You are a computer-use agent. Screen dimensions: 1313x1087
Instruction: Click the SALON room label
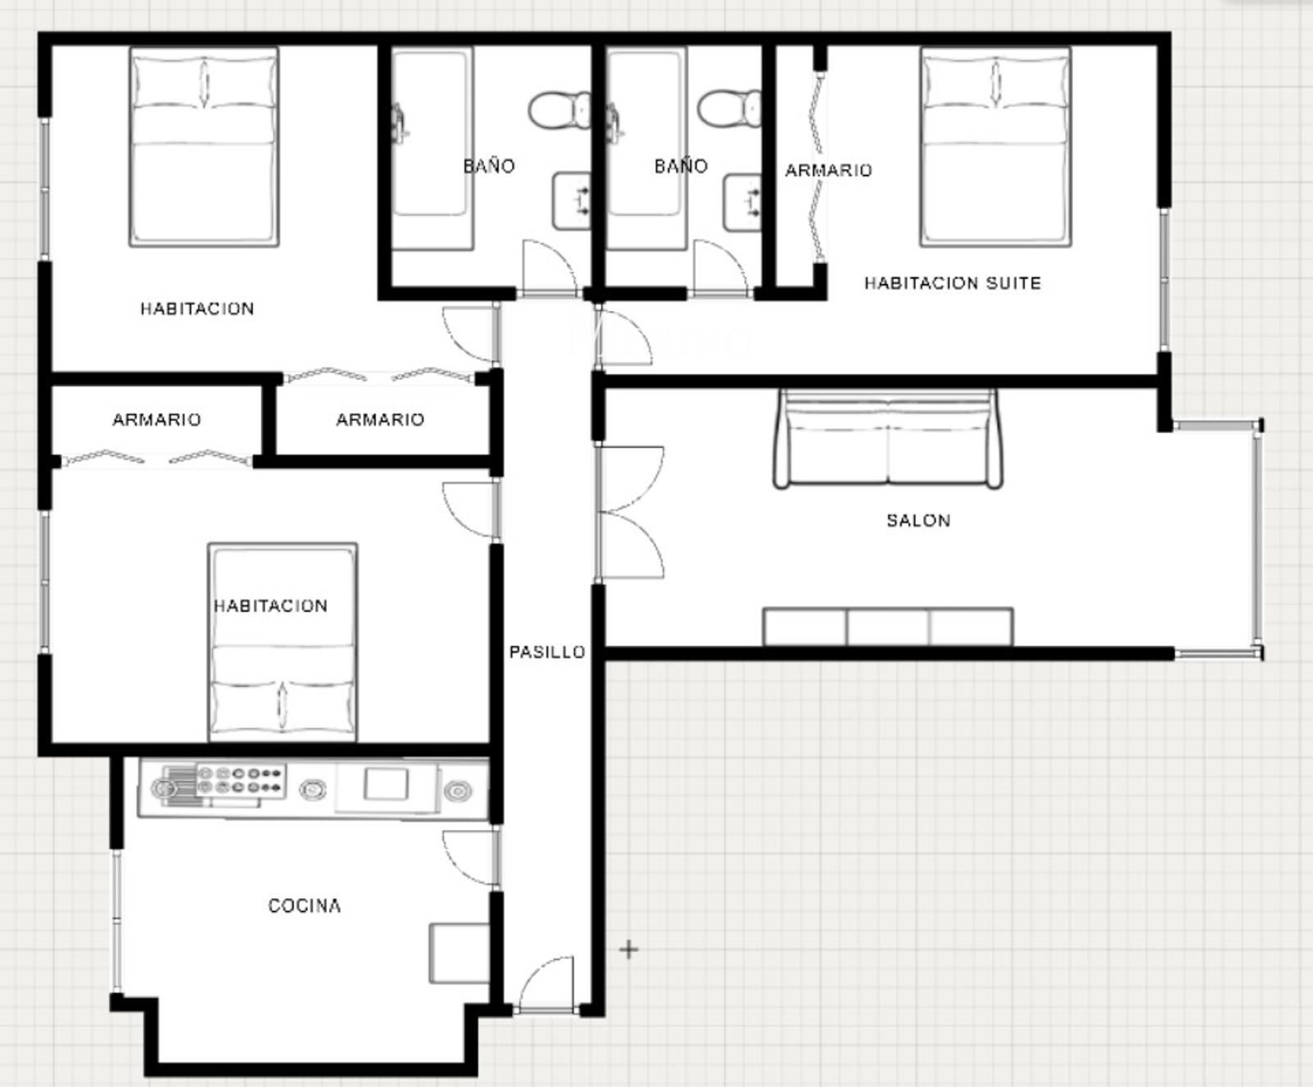click(918, 520)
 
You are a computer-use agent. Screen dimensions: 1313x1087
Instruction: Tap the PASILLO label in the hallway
click(547, 652)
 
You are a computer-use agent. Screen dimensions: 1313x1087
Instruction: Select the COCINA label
click(304, 906)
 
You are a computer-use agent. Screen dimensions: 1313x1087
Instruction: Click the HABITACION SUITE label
click(953, 283)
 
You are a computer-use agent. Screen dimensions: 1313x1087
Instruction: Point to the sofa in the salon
click(888, 439)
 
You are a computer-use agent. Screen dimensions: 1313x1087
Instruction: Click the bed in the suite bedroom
click(995, 147)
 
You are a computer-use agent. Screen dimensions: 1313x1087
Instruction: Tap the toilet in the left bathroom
click(559, 109)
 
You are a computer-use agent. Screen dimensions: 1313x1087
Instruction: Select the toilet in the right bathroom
click(729, 109)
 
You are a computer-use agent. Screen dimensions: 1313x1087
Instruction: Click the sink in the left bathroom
click(571, 201)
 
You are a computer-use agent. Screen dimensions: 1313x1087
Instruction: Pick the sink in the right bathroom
click(742, 201)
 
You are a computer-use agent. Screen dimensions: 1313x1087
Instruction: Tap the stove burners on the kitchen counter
click(240, 780)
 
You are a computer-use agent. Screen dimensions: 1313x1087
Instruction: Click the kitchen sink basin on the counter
click(386, 784)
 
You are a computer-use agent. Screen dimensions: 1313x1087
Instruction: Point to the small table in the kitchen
click(460, 953)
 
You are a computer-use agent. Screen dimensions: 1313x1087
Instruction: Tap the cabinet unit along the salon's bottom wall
click(888, 627)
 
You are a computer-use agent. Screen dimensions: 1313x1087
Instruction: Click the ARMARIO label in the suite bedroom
click(829, 171)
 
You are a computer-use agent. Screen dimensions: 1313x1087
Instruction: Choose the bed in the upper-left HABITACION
click(204, 147)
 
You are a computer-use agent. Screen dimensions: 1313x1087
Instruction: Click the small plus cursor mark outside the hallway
click(629, 950)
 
